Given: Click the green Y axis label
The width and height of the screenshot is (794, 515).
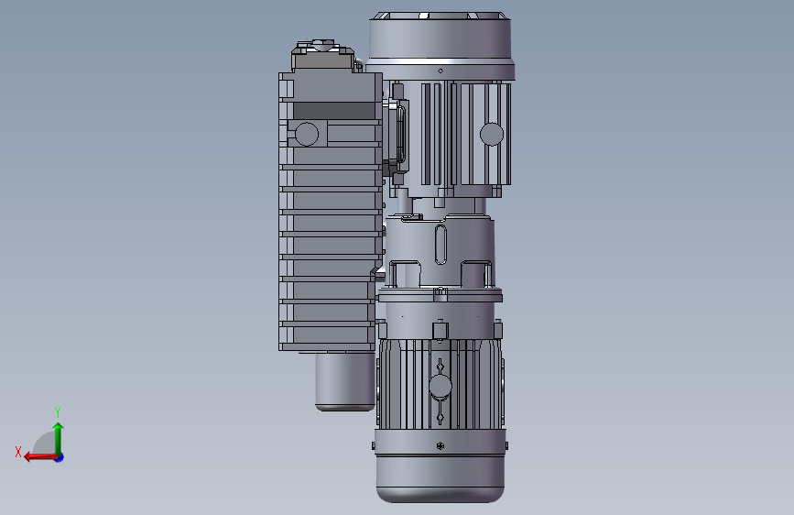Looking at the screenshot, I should (x=58, y=411).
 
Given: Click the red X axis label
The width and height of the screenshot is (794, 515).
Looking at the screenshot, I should (x=18, y=452).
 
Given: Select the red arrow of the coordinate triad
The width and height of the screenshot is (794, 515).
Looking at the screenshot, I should (x=37, y=456).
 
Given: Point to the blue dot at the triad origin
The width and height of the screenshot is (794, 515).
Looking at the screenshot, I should (x=59, y=456).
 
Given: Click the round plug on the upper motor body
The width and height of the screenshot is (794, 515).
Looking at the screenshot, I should (x=492, y=135).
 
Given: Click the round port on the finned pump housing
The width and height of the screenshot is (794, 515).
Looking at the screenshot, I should (x=307, y=134).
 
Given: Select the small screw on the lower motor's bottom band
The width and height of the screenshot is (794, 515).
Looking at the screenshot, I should (x=441, y=446).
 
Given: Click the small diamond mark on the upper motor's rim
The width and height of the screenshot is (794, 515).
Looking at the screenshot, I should (x=441, y=71).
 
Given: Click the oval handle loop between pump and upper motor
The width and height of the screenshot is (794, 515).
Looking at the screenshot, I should (x=399, y=134).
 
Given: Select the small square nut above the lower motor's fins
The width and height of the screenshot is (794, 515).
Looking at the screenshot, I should (x=440, y=330).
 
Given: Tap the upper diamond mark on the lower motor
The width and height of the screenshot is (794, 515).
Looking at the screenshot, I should (x=441, y=365).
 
